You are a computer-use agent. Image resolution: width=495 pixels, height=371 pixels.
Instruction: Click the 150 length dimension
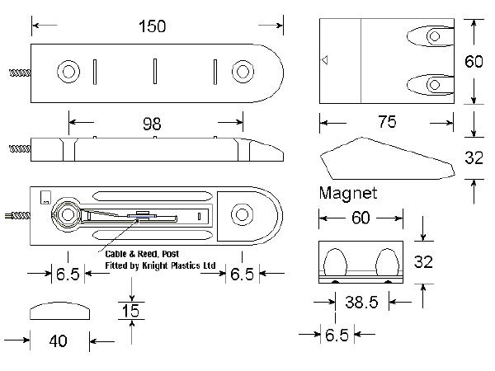coord(152,26)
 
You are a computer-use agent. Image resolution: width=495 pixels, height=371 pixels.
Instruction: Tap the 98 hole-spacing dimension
coord(152,124)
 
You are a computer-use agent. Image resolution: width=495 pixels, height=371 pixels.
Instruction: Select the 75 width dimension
coord(388,122)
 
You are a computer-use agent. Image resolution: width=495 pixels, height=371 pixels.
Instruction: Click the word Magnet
coord(348,193)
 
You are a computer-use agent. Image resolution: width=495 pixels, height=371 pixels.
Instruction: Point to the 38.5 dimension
coord(361,302)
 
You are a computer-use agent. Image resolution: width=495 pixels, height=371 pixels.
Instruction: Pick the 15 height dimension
coord(130,311)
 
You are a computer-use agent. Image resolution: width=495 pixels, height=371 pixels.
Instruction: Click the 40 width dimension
coord(59,341)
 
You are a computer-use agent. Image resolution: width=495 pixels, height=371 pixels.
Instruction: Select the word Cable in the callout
coord(115,254)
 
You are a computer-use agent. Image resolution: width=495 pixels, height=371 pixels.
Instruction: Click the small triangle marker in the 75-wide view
coord(324,59)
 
